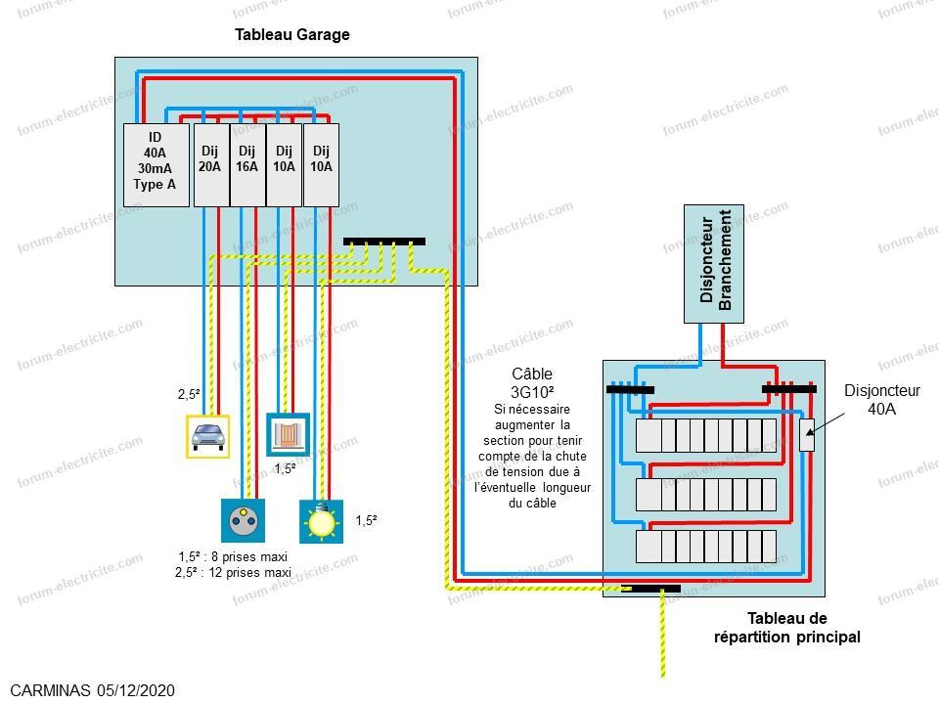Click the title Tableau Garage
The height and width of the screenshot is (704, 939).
[291, 35]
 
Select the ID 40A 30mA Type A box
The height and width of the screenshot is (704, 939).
[156, 165]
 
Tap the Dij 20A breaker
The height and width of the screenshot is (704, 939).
[211, 165]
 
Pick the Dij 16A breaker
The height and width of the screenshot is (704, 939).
[247, 165]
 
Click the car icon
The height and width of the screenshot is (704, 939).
[207, 437]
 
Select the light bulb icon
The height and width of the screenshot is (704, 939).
[322, 521]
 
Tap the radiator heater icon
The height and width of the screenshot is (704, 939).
[288, 434]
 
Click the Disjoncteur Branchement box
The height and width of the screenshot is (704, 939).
[714, 264]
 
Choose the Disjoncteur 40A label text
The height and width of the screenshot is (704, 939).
[882, 399]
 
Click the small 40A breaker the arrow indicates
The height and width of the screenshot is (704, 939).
[807, 434]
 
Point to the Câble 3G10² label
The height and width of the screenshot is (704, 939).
[532, 382]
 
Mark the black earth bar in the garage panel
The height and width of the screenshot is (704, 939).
[384, 242]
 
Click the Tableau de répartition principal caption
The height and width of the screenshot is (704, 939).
[786, 628]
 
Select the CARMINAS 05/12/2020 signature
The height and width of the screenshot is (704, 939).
[93, 690]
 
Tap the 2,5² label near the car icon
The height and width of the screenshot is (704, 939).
[189, 394]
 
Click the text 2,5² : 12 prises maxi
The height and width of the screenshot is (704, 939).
[233, 572]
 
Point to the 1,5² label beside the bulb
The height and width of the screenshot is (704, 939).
[367, 520]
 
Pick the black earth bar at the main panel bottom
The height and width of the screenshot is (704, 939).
[650, 589]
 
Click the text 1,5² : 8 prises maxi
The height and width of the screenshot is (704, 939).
[233, 556]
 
